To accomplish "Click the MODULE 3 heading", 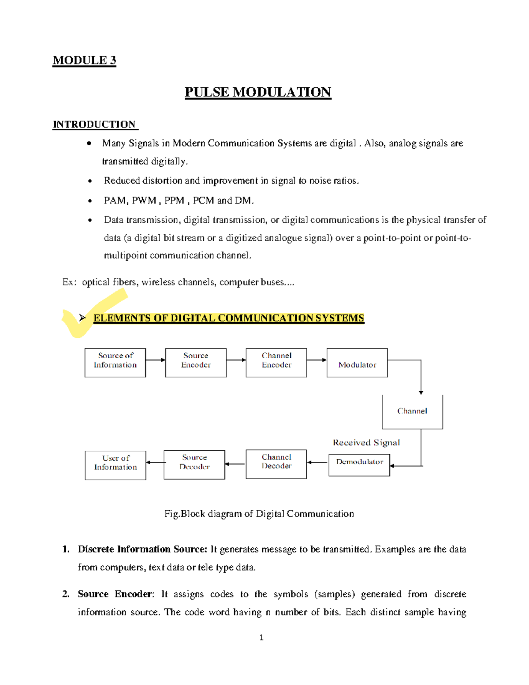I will (x=84, y=60).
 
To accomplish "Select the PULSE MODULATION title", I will (x=258, y=92).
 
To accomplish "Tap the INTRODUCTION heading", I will (x=94, y=124).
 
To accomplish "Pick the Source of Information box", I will (x=115, y=363).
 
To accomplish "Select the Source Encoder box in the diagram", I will (x=196, y=363).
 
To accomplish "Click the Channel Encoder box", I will (x=276, y=363).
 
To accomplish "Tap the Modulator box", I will (x=357, y=363).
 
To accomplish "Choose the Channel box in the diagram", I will (x=412, y=412).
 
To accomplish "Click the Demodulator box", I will (x=359, y=465).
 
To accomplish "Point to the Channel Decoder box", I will (x=276, y=464).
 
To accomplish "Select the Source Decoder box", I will (x=194, y=464).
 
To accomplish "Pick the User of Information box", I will (x=115, y=465).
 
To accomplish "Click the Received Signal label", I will (x=366, y=442).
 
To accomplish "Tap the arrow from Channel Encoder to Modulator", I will (x=317, y=360).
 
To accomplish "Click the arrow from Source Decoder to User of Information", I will (x=155, y=462).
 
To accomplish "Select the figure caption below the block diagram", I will (x=259, y=514).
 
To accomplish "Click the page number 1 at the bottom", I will (x=261, y=637).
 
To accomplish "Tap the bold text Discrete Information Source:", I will (x=142, y=549).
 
